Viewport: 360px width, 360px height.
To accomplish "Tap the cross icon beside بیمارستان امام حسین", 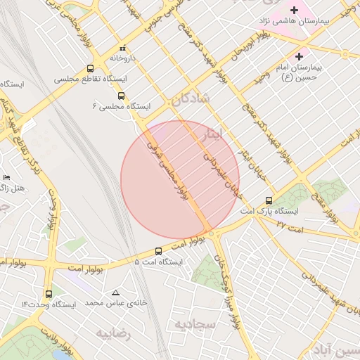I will point(300,56).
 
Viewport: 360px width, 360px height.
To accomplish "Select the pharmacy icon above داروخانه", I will point(123,48).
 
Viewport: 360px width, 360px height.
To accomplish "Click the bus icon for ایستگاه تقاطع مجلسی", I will point(90,68).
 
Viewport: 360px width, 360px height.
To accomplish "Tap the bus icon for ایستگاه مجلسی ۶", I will point(121,95).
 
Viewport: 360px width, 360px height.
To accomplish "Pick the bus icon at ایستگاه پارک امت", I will point(269,200).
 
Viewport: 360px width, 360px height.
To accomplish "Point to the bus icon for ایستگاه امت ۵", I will point(157,250).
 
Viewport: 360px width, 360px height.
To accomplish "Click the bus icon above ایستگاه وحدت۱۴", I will point(49,294).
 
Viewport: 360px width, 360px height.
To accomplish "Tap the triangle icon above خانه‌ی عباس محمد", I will point(116,292).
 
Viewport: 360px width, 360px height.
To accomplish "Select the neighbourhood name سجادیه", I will point(194,323).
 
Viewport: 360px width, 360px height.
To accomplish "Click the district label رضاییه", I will point(114,332).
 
